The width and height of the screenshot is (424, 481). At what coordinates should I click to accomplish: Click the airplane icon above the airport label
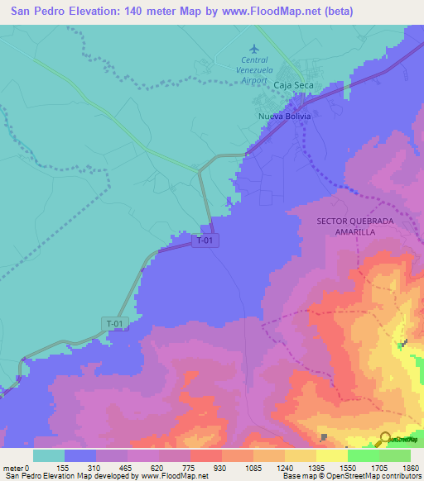tap(254, 48)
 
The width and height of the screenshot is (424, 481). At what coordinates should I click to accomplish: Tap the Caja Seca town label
tap(291, 85)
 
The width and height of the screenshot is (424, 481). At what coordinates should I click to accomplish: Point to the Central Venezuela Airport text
tap(254, 70)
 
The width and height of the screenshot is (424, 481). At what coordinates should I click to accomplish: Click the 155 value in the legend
tap(65, 467)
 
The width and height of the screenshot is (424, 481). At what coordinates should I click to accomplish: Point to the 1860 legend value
tap(412, 467)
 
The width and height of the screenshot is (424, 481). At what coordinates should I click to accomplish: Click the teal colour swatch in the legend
tap(49, 455)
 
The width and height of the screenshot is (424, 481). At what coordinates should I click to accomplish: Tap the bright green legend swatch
tap(364, 455)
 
